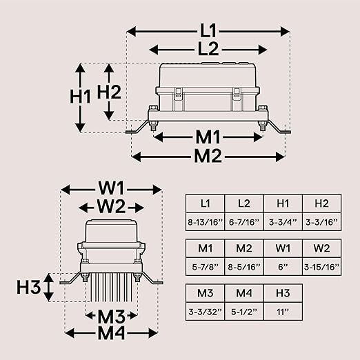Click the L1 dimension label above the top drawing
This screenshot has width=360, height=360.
(x=208, y=31)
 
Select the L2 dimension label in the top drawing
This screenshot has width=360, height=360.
(x=208, y=49)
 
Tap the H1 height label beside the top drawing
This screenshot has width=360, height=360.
(x=80, y=97)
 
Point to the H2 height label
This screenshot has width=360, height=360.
(x=109, y=92)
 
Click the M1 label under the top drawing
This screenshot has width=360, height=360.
(x=208, y=137)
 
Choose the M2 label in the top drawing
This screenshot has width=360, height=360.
(x=208, y=157)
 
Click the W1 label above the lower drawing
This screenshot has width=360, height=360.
(x=111, y=188)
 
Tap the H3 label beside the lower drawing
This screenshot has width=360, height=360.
(x=29, y=287)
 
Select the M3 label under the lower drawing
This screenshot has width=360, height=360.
(x=111, y=317)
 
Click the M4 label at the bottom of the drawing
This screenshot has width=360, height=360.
(x=111, y=333)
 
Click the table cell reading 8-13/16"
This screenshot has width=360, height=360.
(x=206, y=222)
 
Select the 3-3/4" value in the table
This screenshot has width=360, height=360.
(x=283, y=222)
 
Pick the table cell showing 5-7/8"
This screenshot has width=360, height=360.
(x=206, y=267)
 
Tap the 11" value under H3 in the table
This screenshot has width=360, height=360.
(x=283, y=312)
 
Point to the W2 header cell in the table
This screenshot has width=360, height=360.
(x=321, y=248)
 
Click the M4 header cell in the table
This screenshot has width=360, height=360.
(x=244, y=293)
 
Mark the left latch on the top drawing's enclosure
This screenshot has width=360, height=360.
(x=177, y=94)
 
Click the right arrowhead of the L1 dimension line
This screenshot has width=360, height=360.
(x=285, y=31)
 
